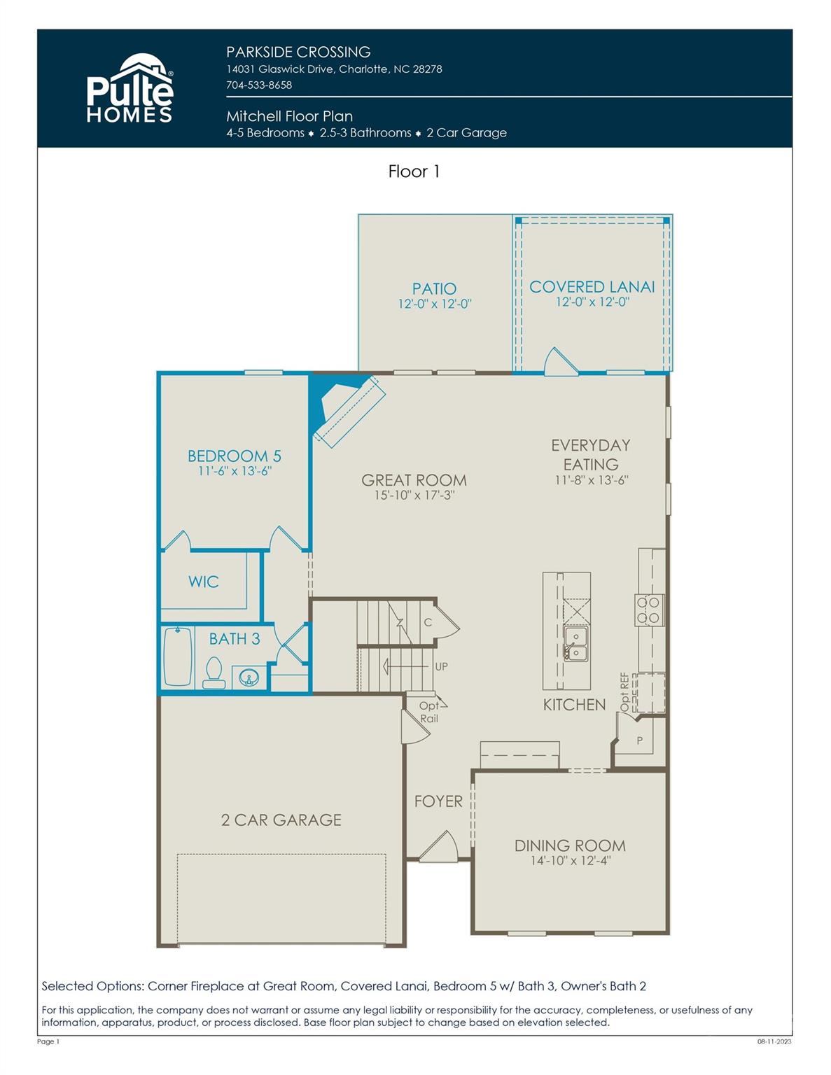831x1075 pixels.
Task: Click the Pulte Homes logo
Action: pyautogui.click(x=130, y=90)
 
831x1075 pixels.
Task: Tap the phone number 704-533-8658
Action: pyautogui.click(x=259, y=85)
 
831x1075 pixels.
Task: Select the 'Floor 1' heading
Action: pyautogui.click(x=414, y=171)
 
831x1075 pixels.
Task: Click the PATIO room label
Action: pyautogui.click(x=434, y=288)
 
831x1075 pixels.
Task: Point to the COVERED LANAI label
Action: pyautogui.click(x=592, y=287)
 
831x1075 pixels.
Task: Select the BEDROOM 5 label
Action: pyautogui.click(x=234, y=456)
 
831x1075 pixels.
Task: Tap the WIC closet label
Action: pyautogui.click(x=203, y=582)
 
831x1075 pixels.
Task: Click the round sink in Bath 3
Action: pyautogui.click(x=248, y=677)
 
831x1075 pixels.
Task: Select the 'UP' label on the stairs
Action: pyautogui.click(x=441, y=666)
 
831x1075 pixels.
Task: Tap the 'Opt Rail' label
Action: pyautogui.click(x=429, y=712)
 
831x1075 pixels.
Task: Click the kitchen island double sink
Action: pyautogui.click(x=576, y=644)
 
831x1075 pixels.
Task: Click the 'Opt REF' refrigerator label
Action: pyautogui.click(x=625, y=692)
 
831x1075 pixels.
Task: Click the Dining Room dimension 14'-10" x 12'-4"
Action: pyautogui.click(x=570, y=861)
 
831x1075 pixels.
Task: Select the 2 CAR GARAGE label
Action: pyautogui.click(x=281, y=820)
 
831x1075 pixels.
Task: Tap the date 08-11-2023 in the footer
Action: pyautogui.click(x=774, y=1041)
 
